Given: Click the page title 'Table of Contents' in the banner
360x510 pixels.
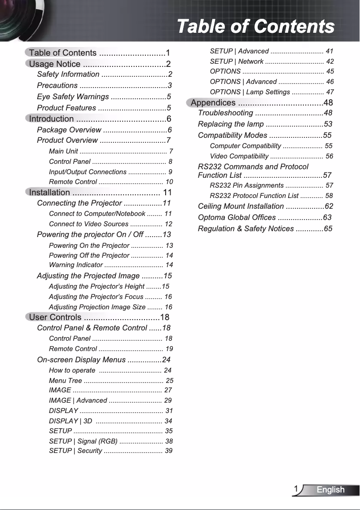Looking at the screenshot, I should pos(255,26).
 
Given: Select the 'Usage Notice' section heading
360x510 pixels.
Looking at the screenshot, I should pos(55,64).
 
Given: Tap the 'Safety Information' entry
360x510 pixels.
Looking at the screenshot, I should pos(68,74).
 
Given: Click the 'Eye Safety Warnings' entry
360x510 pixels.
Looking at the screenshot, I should pos(73,97).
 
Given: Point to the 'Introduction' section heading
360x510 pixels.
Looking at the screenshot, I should pos(51,119).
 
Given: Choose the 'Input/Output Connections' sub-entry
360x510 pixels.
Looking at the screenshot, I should pos(88,172).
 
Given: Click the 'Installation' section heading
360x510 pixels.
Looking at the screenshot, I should pos(49,193).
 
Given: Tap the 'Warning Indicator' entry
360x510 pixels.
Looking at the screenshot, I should pos(75,265).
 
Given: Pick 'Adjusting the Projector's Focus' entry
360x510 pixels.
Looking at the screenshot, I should pos(96,297).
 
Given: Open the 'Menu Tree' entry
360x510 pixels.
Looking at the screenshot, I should pos(66,381).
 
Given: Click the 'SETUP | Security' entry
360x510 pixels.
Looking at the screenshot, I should pos(75,451).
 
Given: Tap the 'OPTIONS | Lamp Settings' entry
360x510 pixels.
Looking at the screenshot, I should pos(250,92).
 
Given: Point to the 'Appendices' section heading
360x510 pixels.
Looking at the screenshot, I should pos(213,103).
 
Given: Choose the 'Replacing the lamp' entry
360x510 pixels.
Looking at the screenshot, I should pos(231,124).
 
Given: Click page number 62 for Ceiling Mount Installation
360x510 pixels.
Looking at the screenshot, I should pos(329,207).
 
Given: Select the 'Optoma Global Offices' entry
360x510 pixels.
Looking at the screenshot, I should pos(237,218).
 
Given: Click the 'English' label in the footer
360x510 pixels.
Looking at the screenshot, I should pos(330,490).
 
